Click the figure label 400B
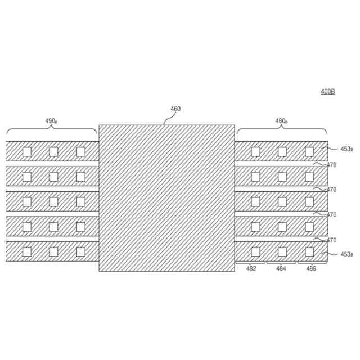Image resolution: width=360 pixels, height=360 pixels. pyautogui.click(x=328, y=91)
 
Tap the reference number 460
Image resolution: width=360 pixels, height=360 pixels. pyautogui.click(x=175, y=109)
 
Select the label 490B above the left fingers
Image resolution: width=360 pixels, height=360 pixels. pyautogui.click(x=51, y=121)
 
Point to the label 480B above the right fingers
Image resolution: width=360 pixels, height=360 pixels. pyautogui.click(x=282, y=121)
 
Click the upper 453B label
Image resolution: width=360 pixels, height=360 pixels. pyautogui.click(x=346, y=149)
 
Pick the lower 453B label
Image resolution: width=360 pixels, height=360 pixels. pyautogui.click(x=346, y=254)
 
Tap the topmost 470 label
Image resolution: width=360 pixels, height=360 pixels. pyautogui.click(x=331, y=165)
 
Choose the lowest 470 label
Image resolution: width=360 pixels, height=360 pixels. pyautogui.click(x=331, y=240)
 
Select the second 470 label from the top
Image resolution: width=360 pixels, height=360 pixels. pyautogui.click(x=331, y=190)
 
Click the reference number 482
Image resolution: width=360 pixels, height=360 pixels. pyautogui.click(x=251, y=269)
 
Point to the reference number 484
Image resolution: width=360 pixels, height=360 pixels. pyautogui.click(x=281, y=269)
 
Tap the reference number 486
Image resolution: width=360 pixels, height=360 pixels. pyautogui.click(x=311, y=269)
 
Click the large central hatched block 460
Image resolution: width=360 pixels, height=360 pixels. pyautogui.click(x=166, y=198)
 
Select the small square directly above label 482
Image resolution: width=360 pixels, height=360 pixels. pyautogui.click(x=255, y=251)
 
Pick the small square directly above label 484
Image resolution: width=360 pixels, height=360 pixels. pyautogui.click(x=282, y=251)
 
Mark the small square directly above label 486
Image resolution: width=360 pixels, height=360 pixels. pyautogui.click(x=309, y=251)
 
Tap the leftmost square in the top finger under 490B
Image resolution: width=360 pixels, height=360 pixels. pyautogui.click(x=26, y=151)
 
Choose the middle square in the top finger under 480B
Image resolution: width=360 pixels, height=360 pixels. pyautogui.click(x=282, y=151)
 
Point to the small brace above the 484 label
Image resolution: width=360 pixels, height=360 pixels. pyautogui.click(x=281, y=263)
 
